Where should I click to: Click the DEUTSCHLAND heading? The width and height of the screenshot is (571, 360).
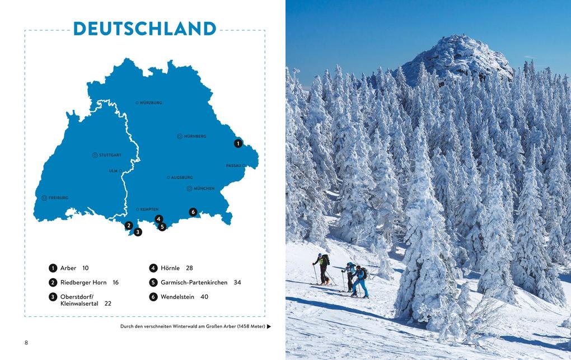144,29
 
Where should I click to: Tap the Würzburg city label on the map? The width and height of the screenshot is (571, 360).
151,103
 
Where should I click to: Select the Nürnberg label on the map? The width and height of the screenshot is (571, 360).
195,136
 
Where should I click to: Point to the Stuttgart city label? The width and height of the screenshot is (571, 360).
110,155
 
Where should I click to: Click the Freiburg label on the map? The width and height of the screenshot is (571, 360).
58,198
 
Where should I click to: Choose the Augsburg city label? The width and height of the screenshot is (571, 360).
181,177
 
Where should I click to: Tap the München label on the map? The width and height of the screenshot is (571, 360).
204,189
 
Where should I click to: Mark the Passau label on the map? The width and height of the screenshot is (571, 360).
233,166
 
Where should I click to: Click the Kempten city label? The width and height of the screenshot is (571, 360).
149,209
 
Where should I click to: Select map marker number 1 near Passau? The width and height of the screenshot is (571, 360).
238,143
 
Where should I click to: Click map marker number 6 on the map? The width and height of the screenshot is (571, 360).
193,212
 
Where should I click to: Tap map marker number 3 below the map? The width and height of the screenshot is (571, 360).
138,232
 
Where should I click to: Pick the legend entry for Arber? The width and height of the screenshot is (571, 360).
68,268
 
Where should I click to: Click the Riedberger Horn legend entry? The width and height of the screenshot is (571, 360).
83,283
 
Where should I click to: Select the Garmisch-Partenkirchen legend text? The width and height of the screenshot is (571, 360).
194,283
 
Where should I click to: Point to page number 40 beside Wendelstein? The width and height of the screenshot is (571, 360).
204,297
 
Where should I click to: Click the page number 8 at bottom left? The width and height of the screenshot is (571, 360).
26,343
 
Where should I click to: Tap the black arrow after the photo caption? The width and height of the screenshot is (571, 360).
269,326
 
